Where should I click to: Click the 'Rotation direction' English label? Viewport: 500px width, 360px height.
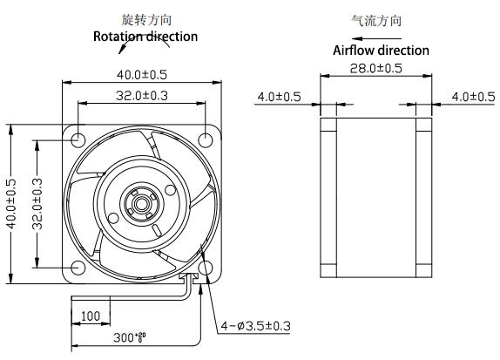[x=145, y=37]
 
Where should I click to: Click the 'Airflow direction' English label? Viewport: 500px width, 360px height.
[x=382, y=51]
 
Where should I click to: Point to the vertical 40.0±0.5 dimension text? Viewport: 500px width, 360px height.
[x=11, y=204]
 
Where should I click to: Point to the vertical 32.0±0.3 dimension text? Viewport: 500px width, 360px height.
[x=37, y=204]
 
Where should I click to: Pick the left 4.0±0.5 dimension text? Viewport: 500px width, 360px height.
[x=278, y=97]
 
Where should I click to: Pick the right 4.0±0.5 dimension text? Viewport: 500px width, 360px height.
[x=472, y=97]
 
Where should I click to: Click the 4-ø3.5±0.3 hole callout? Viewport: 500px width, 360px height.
[x=255, y=328]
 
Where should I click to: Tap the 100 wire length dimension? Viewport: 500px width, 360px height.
[x=90, y=314]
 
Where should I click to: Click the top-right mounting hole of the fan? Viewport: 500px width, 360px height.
[x=207, y=139]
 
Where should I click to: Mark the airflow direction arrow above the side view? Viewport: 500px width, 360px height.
[x=357, y=37]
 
